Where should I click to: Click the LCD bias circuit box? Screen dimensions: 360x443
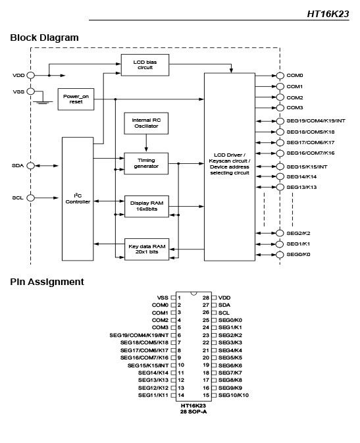click(145, 65)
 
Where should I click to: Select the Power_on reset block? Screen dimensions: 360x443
click(76, 99)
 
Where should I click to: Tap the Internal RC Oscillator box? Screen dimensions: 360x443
click(146, 123)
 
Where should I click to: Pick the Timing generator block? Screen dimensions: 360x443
click(146, 163)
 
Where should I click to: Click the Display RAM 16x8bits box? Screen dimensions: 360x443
click(147, 206)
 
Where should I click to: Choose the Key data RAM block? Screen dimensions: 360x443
click(147, 249)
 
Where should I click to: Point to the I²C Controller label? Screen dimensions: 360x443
click(78, 199)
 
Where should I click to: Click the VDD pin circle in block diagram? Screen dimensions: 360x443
click(30, 76)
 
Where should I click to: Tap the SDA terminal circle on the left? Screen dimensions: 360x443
click(30, 166)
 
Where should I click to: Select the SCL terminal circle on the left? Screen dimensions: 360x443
click(30, 197)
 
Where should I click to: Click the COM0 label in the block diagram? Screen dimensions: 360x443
click(295, 76)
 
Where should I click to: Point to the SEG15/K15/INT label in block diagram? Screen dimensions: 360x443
click(307, 167)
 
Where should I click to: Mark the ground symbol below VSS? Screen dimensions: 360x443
click(43, 102)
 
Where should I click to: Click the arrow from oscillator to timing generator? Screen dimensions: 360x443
click(146, 143)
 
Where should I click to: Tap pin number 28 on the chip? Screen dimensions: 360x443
click(206, 298)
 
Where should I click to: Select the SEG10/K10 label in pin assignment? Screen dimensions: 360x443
click(234, 395)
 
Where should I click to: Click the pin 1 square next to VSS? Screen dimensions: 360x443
click(173, 298)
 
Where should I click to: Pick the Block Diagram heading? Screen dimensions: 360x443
click(44, 38)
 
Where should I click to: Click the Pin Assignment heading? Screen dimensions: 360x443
click(47, 282)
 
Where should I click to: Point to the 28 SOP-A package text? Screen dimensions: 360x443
click(193, 411)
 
